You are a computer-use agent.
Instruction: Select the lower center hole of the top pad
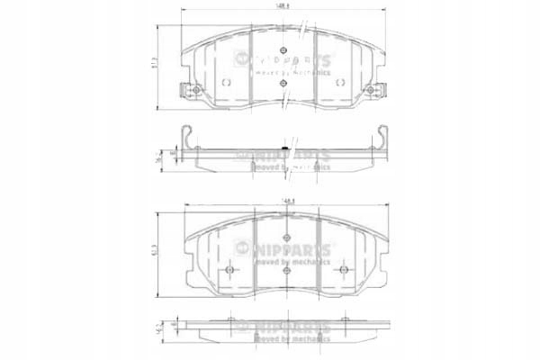284,84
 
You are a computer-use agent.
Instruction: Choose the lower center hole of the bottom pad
284,269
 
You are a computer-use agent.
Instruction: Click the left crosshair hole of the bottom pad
229,269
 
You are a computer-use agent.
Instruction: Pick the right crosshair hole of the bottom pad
343,269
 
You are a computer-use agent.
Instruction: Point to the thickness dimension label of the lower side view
162,328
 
